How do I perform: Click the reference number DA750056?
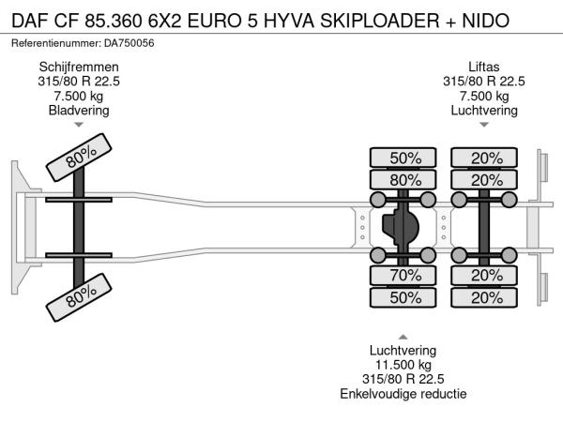(129, 43)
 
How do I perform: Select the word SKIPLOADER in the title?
(379, 21)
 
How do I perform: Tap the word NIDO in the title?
(485, 21)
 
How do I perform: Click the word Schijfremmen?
(79, 68)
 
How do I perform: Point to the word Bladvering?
(79, 110)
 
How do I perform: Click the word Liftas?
(483, 68)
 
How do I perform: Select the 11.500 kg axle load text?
(403, 365)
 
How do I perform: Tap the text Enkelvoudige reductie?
(403, 394)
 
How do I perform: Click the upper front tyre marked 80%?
(79, 158)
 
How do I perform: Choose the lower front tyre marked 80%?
(79, 297)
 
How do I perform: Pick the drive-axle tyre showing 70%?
(403, 276)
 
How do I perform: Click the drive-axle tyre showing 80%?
(403, 180)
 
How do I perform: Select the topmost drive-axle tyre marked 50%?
(403, 158)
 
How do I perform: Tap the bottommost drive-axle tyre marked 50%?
(403, 297)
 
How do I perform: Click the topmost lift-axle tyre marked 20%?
(484, 158)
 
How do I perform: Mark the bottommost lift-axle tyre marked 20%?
(484, 297)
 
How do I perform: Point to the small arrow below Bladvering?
(79, 125)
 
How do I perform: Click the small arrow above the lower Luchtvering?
(403, 337)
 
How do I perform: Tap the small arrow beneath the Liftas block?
(484, 125)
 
